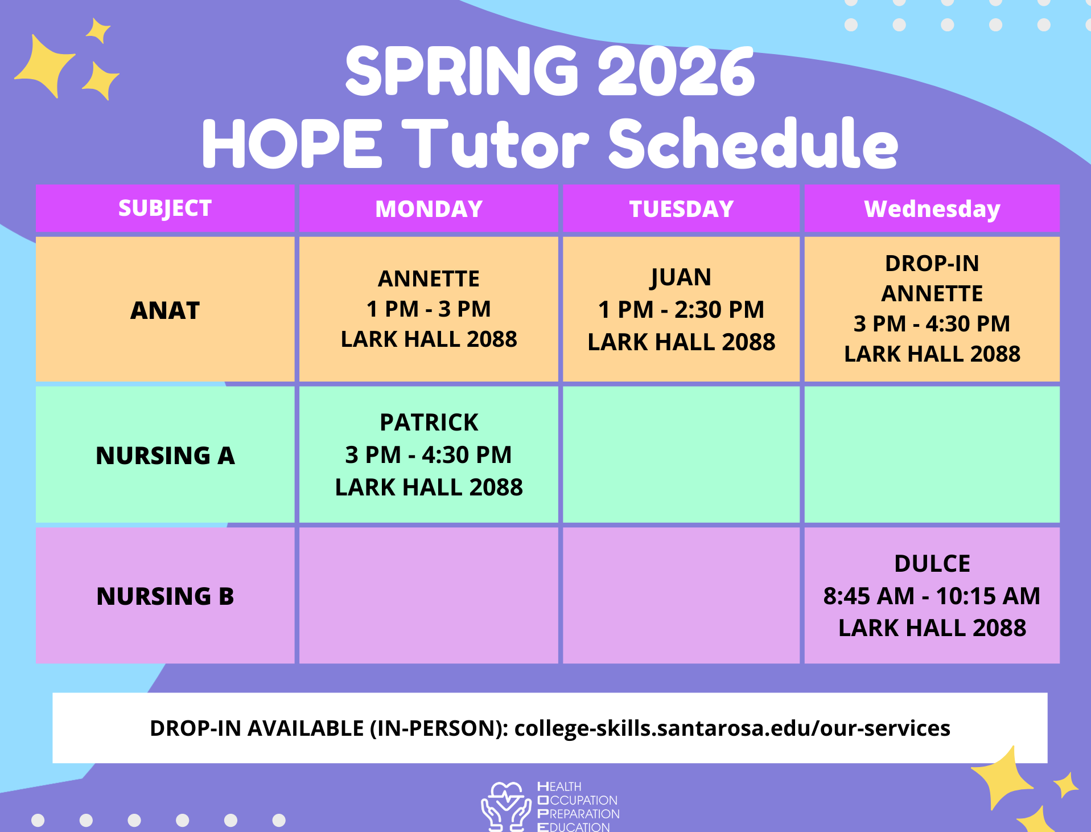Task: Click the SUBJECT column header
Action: coord(165,208)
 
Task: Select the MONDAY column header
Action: coord(429,209)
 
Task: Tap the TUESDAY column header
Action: coord(681,209)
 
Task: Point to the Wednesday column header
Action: coord(932,209)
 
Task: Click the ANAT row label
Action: coord(165,310)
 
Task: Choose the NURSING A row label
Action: coord(165,456)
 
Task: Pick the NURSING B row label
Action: coord(165,596)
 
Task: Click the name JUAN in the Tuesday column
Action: coord(681,278)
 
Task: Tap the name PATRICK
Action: coord(429,423)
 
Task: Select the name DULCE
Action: coord(932,564)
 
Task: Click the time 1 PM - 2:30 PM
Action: coord(681,310)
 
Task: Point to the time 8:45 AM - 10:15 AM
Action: coord(932,596)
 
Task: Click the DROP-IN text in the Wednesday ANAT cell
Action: coord(932,264)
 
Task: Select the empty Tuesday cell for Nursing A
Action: coord(681,454)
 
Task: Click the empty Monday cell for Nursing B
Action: coord(429,595)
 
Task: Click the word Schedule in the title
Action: coord(754,143)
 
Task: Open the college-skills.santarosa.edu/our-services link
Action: coord(732,728)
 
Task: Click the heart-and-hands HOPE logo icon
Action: coord(506,806)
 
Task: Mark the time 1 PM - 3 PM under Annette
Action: coord(429,309)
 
